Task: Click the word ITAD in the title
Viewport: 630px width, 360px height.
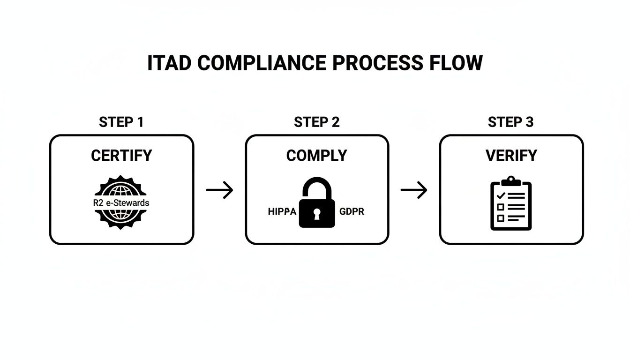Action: click(x=169, y=63)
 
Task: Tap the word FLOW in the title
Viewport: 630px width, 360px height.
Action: click(x=455, y=63)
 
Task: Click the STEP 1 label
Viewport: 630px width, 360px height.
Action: click(x=121, y=122)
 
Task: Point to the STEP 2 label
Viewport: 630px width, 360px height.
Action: click(x=316, y=122)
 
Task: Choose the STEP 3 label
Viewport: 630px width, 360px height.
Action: click(x=510, y=122)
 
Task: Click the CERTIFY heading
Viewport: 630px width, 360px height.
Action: click(x=121, y=156)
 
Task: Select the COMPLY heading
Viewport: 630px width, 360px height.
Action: click(x=316, y=156)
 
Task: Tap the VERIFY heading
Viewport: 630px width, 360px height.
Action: click(x=511, y=156)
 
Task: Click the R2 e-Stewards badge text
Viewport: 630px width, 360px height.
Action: click(x=121, y=203)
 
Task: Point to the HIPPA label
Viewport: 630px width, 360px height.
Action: click(x=282, y=211)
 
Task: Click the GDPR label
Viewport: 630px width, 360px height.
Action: click(x=351, y=211)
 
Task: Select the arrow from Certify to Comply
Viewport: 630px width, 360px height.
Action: click(x=219, y=190)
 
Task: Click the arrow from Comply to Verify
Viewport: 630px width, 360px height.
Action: click(x=414, y=190)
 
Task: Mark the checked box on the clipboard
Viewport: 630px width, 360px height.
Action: click(x=501, y=195)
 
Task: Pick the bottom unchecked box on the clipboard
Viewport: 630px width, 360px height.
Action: click(x=501, y=218)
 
